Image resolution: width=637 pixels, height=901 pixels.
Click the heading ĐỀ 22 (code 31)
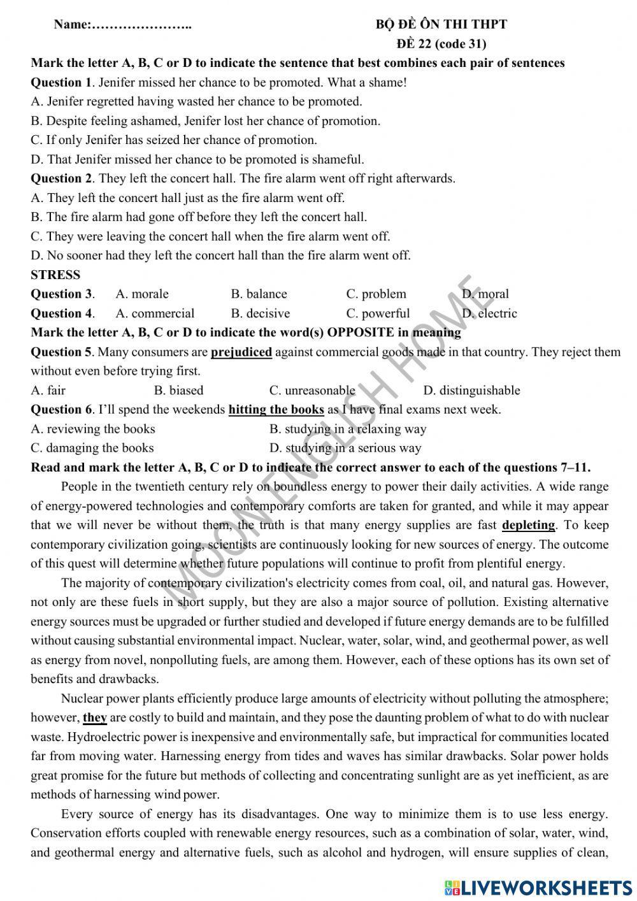point(441,44)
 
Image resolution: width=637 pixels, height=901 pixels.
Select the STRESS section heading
point(55,275)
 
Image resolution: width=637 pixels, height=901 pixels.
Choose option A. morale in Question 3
point(142,294)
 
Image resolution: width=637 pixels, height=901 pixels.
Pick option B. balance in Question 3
point(259,294)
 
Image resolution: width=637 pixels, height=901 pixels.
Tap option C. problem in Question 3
point(376,294)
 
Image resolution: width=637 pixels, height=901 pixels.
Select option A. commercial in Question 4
point(155,313)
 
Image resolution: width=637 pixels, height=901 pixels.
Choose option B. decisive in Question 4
point(260,313)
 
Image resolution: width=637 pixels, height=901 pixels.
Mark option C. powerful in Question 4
point(378,313)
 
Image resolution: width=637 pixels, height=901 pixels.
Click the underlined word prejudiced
point(241,352)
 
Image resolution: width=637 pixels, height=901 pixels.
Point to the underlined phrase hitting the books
point(276,409)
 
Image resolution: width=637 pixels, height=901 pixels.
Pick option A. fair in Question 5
point(48,390)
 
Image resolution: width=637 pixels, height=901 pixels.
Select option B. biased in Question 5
point(178,390)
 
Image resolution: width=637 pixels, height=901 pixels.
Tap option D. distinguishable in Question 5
point(471,390)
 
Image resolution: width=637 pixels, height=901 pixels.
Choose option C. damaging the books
point(92,448)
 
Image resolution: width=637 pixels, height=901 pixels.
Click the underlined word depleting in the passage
point(529,525)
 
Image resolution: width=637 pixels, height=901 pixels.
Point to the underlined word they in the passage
point(95,717)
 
